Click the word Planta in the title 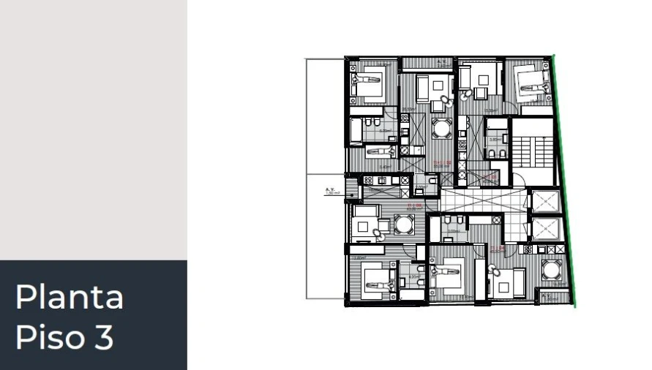coord(70,297)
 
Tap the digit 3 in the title coord(103,337)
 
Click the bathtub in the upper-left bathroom coord(356,130)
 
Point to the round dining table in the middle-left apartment coord(404,224)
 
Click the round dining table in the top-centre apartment coord(441,129)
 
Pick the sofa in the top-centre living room coord(424,87)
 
